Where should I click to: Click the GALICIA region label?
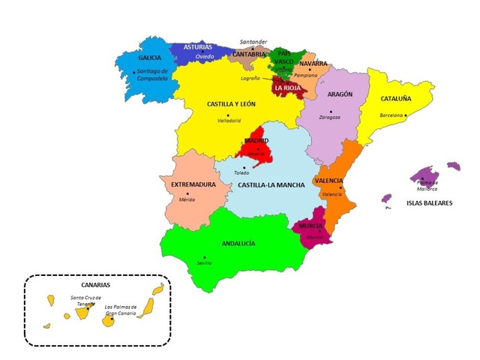150,58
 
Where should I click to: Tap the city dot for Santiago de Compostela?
134,72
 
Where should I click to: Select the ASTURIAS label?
198,46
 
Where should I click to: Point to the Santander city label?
253,41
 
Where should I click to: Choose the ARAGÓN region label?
341,94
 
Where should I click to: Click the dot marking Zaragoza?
330,111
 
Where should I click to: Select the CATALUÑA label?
395,98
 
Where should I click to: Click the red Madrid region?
256,150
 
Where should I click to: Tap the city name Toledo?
241,173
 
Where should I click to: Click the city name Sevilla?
204,263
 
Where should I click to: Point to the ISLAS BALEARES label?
429,202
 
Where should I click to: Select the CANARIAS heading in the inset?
95,285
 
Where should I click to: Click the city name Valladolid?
229,121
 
